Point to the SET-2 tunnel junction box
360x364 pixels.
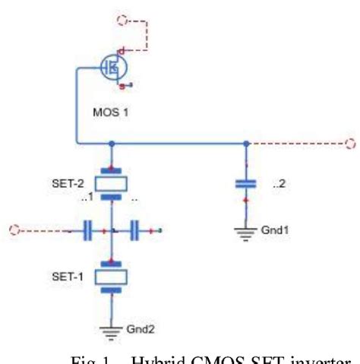[x=111, y=183]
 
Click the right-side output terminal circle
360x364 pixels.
[x=350, y=142]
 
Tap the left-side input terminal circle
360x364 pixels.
[x=11, y=227]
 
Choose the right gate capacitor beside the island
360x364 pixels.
[x=135, y=228]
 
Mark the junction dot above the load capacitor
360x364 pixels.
[x=245, y=142]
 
